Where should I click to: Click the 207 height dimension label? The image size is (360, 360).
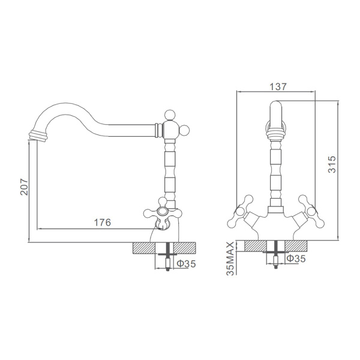[24, 187]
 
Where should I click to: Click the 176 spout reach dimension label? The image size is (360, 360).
[103, 222]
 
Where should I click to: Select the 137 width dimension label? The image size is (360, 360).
[278, 87]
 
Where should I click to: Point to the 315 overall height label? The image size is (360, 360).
[332, 164]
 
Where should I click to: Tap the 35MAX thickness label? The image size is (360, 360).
[230, 258]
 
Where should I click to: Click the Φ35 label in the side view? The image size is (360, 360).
[186, 264]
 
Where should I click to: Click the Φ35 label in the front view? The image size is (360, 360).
[296, 259]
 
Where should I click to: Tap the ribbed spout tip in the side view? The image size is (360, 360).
[38, 136]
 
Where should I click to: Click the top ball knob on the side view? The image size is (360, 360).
[170, 115]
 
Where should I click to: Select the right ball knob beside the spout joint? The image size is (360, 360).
[184, 130]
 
